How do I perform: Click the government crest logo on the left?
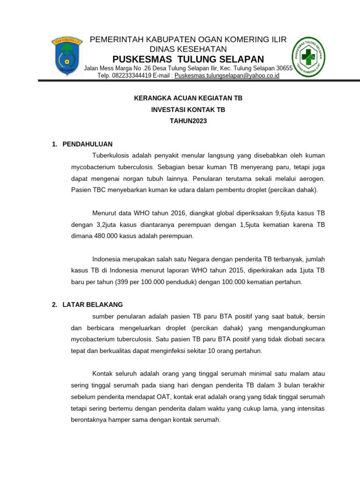(x=67, y=56)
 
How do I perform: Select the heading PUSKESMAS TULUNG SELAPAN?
(x=188, y=59)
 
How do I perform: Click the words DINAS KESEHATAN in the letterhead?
(x=188, y=49)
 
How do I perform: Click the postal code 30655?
(x=285, y=68)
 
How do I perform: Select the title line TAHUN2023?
(x=188, y=121)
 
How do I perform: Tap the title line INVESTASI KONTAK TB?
(x=188, y=110)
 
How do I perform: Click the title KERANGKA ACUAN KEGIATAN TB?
(x=188, y=98)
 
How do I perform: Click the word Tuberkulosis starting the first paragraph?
(x=112, y=155)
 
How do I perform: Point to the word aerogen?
(x=312, y=179)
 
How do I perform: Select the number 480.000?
(x=103, y=236)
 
